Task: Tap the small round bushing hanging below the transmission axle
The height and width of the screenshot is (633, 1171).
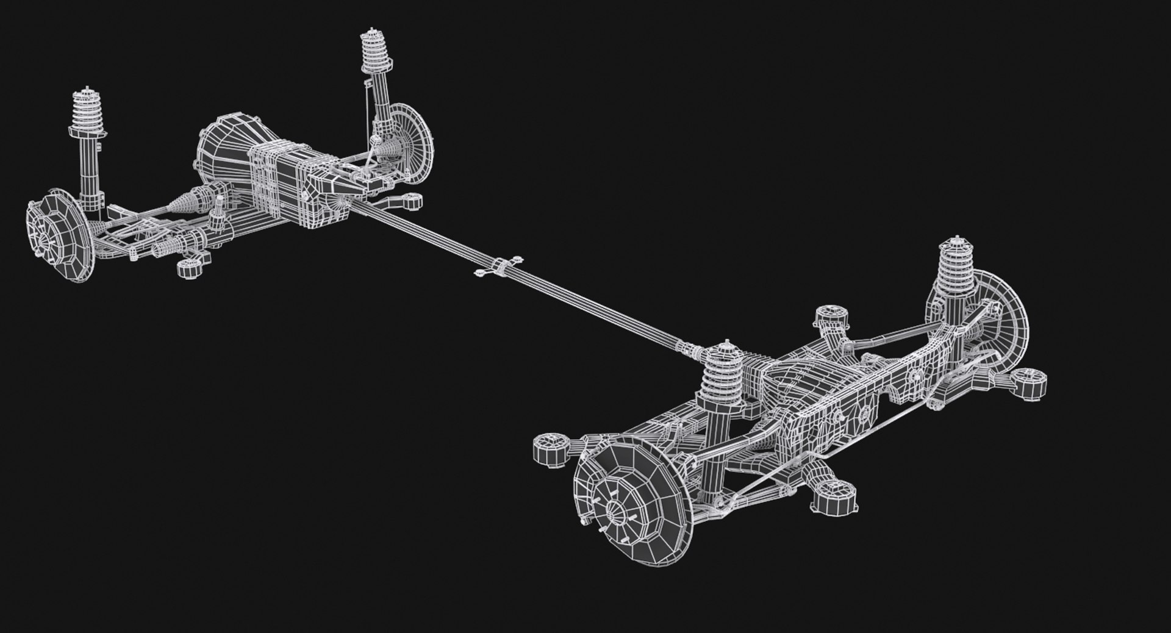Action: pyautogui.click(x=190, y=268)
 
